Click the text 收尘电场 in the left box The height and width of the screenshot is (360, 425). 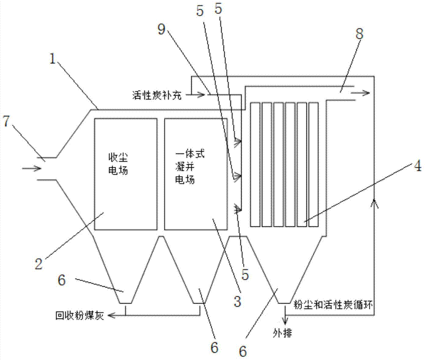click(x=118, y=165)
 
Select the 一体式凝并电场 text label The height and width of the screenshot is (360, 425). click(x=187, y=167)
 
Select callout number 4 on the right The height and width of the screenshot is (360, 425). click(x=417, y=166)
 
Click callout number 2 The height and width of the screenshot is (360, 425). click(x=39, y=264)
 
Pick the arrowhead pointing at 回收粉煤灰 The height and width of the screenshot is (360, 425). click(x=111, y=315)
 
